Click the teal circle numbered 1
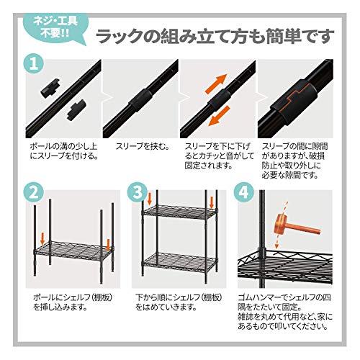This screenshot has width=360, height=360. pyautogui.click(x=34, y=64)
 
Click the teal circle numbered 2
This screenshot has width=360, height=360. pyautogui.click(x=34, y=193)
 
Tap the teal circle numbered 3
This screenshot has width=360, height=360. pyautogui.click(x=138, y=193)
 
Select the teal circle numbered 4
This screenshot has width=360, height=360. pyautogui.click(x=244, y=193)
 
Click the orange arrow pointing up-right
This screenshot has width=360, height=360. pyautogui.click(x=216, y=84)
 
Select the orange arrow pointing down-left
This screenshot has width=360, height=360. pyautogui.click(x=219, y=116)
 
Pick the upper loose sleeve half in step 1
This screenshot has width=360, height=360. pyautogui.click(x=50, y=87)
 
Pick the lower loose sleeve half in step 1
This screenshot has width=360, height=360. pyautogui.click(x=76, y=109)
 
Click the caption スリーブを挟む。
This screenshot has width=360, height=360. pyautogui.click(x=143, y=146)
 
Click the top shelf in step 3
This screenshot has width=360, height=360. pyautogui.click(x=179, y=212)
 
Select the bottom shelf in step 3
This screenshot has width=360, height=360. pyautogui.click(x=180, y=262)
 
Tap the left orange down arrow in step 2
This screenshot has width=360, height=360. pyautogui.click(x=42, y=238)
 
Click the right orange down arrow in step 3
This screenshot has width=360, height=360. pyautogui.click(x=212, y=202)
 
